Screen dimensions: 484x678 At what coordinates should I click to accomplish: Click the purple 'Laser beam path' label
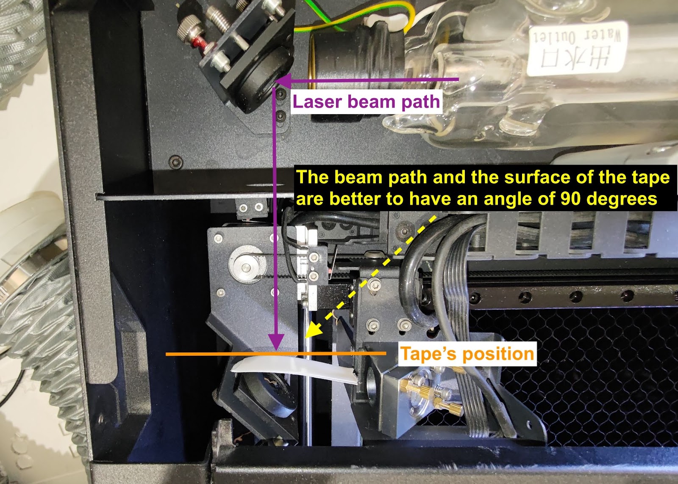click(x=366, y=102)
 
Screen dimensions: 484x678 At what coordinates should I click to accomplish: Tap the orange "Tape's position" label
click(x=467, y=354)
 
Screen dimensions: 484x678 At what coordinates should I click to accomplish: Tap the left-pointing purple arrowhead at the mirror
click(x=283, y=80)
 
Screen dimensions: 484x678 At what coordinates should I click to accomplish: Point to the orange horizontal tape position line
click(x=212, y=354)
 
